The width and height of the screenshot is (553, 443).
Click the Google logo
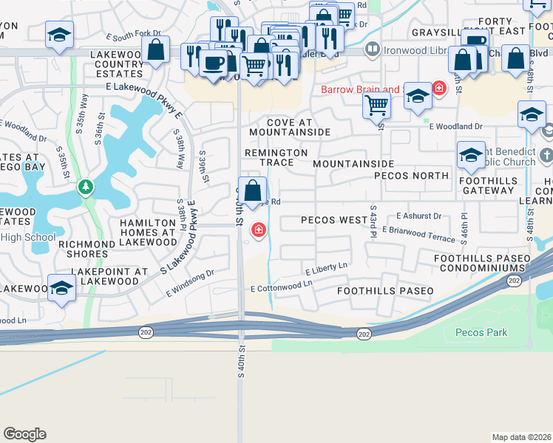coord(24,434)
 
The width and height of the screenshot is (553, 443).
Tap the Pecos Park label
coord(481,332)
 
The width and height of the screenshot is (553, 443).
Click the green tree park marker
coord(86,186)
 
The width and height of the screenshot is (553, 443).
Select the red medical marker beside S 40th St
coord(258,230)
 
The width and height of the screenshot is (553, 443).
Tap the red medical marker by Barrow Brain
coord(439,89)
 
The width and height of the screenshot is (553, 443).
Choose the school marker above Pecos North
coord(471,155)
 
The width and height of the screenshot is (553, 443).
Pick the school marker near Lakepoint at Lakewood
coord(61,288)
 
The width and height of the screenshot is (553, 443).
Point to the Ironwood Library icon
coord(373,49)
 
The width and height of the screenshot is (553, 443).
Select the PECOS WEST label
coord(334,220)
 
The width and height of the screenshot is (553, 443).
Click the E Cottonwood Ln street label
coord(282,288)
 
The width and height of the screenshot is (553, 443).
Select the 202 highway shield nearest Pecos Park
coord(363,334)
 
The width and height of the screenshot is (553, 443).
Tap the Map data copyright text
coord(521,437)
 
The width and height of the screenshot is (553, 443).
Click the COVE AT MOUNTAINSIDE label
coord(289,126)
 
